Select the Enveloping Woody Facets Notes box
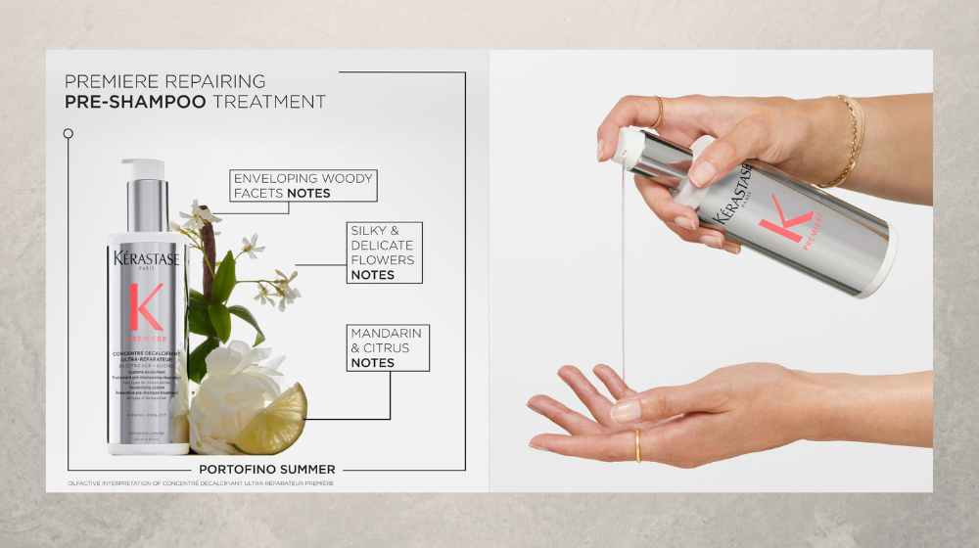coord(303,186)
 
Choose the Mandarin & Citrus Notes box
coord(386,348)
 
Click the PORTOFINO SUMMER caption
coord(266,470)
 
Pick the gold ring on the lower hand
coord(637,446)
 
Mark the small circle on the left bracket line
coord(68,132)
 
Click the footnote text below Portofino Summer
coord(201,483)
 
